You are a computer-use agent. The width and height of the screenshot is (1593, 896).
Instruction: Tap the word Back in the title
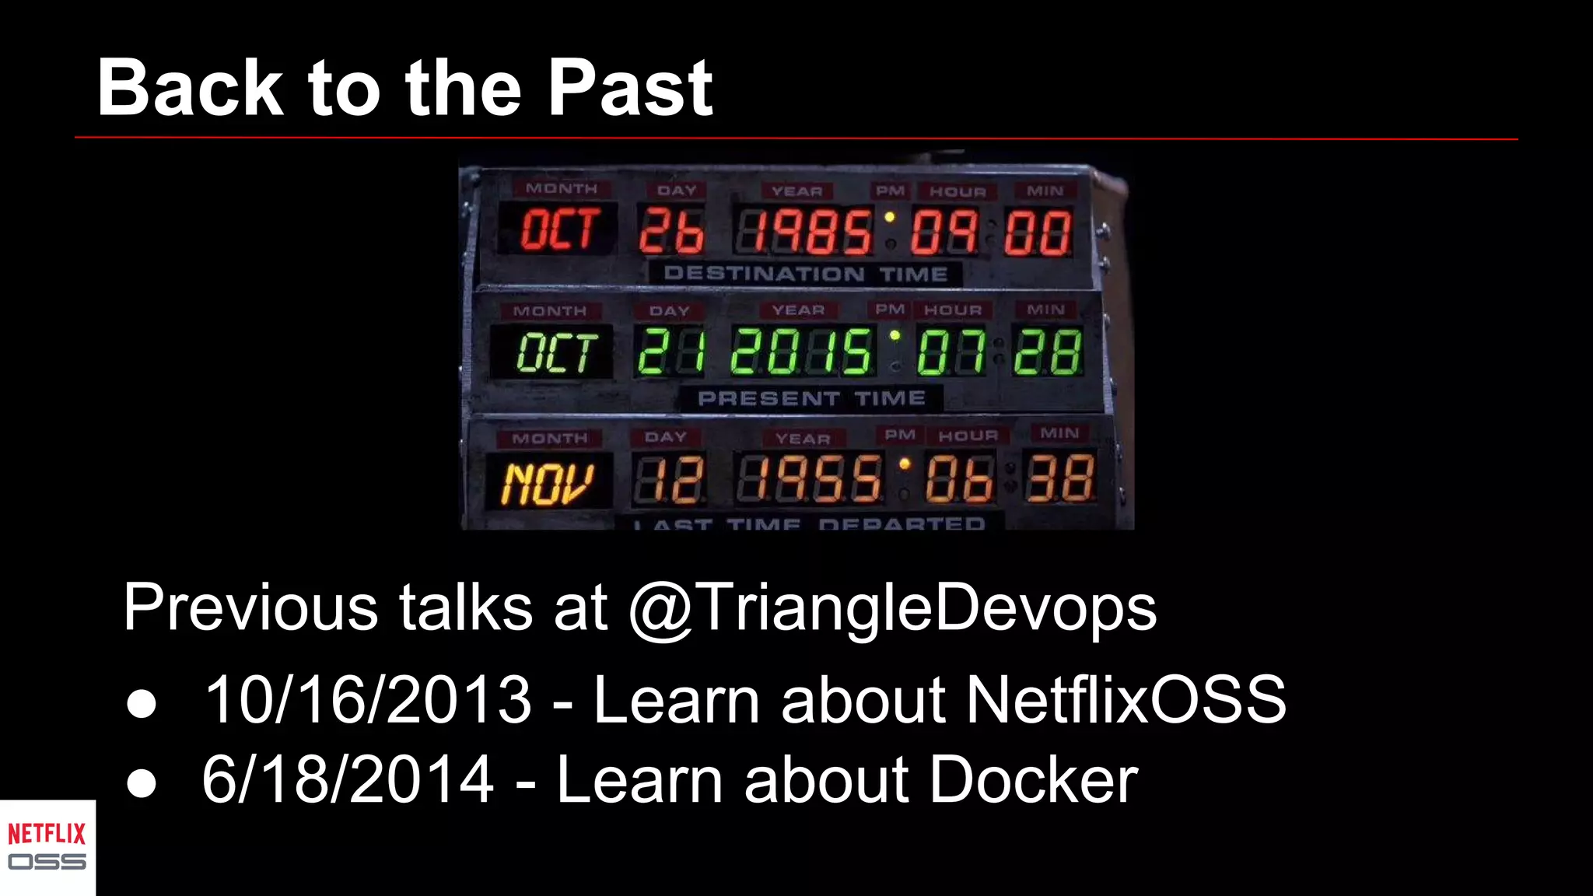190,89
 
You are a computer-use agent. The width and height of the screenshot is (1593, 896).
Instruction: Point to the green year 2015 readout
801,352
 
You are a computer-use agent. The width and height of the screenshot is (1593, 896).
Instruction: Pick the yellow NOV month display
548,482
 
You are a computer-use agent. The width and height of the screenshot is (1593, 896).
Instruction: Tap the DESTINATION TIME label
805,274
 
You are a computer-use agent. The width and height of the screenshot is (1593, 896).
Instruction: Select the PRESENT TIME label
811,399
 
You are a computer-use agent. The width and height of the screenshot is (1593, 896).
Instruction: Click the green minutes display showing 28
1048,352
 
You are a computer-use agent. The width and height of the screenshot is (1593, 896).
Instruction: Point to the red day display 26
671,231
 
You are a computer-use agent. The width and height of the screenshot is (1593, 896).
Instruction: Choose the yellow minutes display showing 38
1061,478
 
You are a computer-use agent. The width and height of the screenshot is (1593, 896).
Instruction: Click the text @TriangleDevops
892,608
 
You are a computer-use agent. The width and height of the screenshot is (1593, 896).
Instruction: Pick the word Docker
1033,779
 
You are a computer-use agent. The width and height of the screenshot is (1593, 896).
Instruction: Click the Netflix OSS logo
47,847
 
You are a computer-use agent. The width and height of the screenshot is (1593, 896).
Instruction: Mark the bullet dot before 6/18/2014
142,782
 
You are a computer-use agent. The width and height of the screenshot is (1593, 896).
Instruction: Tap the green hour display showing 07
951,352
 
